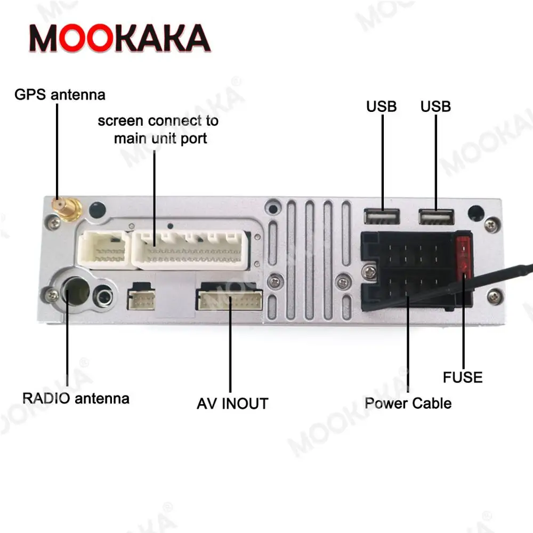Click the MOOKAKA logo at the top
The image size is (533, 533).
(x=119, y=38)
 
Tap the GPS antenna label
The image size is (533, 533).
(x=60, y=95)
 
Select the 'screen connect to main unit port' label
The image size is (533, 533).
(x=158, y=130)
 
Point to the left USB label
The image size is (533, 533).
(x=381, y=107)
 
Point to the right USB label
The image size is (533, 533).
(x=435, y=107)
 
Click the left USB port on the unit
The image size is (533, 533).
(x=382, y=216)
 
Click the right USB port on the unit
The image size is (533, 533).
(x=436, y=216)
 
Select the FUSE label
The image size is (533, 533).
(x=463, y=378)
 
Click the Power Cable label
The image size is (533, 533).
(x=408, y=403)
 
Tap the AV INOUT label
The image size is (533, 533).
(x=232, y=403)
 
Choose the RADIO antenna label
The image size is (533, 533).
(x=76, y=398)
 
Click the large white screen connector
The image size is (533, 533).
(x=190, y=249)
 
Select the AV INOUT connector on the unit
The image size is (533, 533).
(x=230, y=301)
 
